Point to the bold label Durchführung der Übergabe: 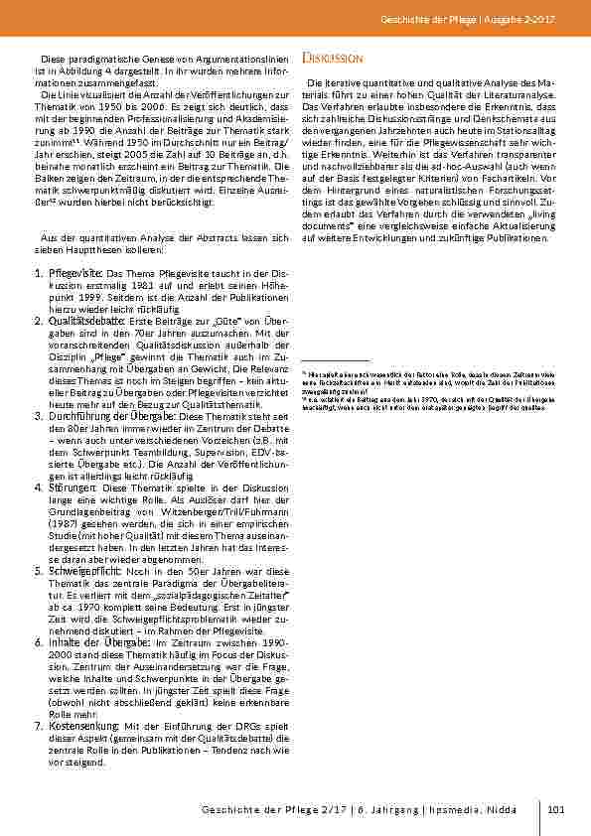tap(117, 416)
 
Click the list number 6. tap(39, 643)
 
